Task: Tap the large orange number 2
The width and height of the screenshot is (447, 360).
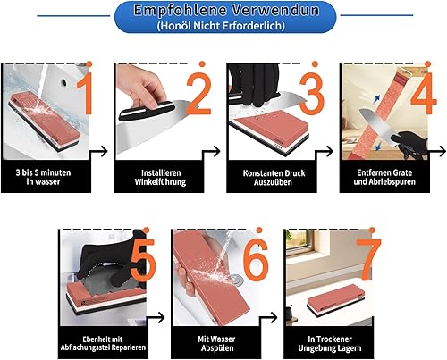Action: [199, 93]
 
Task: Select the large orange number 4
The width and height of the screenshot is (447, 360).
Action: [424, 93]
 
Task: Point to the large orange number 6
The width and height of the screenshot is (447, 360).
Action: [256, 260]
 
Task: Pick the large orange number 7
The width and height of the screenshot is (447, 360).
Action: [369, 260]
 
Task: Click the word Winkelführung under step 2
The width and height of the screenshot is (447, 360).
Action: [160, 182]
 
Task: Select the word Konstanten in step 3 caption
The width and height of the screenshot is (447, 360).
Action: [261, 173]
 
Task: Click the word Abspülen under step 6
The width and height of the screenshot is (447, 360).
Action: [217, 348]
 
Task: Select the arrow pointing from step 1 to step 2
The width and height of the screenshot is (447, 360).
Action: [98, 151]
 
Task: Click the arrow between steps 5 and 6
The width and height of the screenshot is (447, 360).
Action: [156, 317]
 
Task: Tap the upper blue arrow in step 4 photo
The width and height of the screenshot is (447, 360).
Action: [378, 98]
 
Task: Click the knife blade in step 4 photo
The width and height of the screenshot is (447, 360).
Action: [375, 125]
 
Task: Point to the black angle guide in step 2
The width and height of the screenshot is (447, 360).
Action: [146, 110]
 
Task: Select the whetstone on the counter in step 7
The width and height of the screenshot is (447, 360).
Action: [335, 299]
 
